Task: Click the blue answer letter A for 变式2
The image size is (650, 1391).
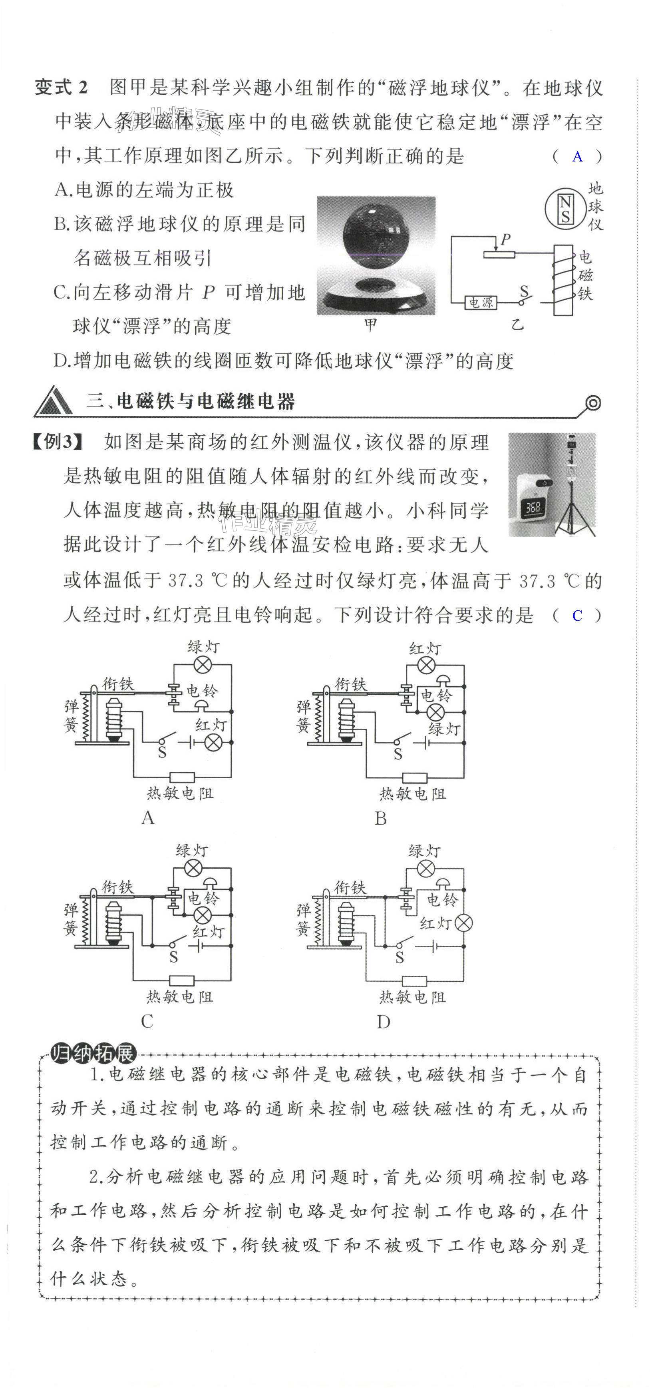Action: pos(578,157)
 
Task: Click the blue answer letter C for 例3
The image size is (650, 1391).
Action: pos(577,616)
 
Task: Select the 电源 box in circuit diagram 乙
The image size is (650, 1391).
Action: pos(481,303)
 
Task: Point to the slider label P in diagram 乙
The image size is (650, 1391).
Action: pos(506,239)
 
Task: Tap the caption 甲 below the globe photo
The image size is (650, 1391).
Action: pos(370,325)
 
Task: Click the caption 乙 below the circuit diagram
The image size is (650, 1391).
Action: pos(518,325)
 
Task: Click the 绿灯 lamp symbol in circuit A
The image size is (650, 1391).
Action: pos(203,665)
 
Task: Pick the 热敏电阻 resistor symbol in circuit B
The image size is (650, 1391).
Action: pos(415,777)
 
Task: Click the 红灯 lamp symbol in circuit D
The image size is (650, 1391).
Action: pos(463,923)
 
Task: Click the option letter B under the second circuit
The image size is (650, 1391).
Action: pos(381,819)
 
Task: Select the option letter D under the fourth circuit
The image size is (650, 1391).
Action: pos(383,1022)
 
